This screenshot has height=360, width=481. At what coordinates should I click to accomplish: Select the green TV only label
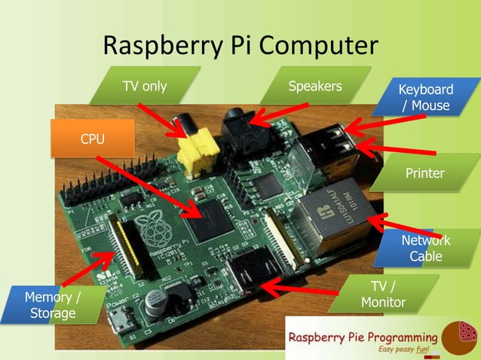pyautogui.click(x=145, y=86)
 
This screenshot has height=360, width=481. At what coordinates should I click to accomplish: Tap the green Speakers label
pyautogui.click(x=315, y=86)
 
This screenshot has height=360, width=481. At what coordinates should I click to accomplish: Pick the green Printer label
pyautogui.click(x=425, y=174)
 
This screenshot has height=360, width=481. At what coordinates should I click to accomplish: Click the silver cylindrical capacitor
pyautogui.click(x=157, y=301)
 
